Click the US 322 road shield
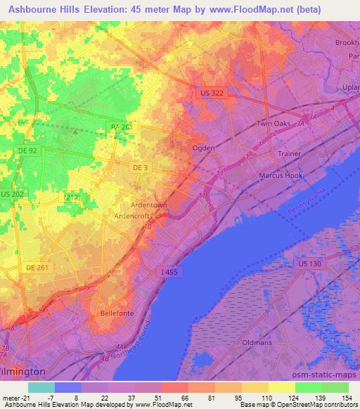208,92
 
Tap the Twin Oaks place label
273,124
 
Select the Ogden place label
204,148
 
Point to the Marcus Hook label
280,174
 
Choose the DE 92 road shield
27,150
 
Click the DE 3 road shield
139,168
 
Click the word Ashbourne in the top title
37,10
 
